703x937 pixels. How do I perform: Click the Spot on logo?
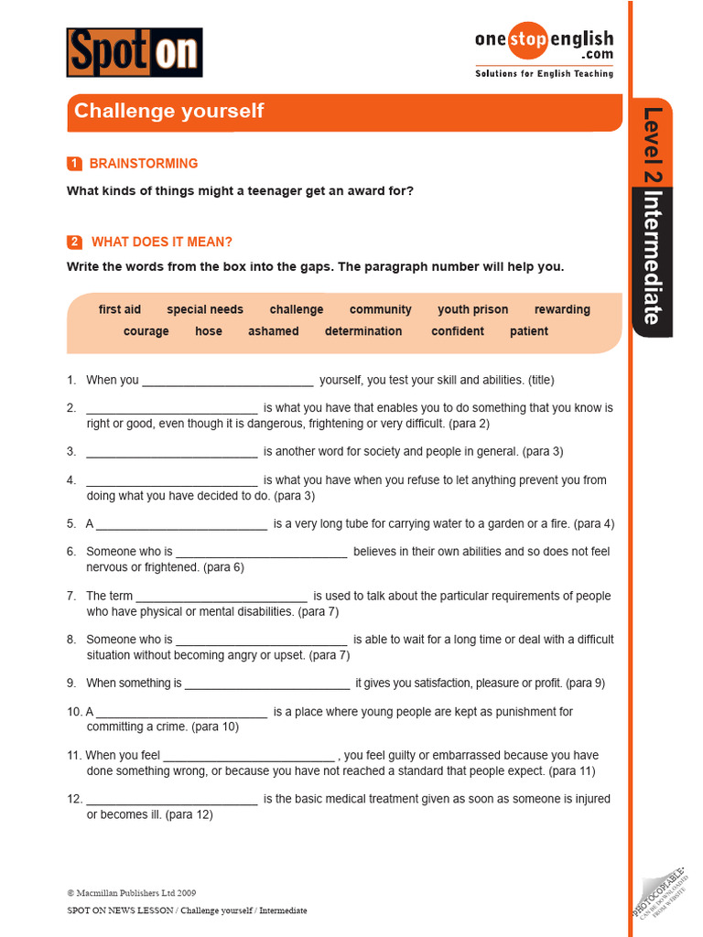135,52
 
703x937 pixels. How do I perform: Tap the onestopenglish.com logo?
544,52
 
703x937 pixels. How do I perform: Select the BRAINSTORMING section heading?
143,164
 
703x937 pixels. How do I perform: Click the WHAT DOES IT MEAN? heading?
161,242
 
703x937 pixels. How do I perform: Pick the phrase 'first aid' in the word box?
120,309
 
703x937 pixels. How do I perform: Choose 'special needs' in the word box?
205,309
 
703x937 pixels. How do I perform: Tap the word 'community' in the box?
380,309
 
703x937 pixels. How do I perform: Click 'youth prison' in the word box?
472,309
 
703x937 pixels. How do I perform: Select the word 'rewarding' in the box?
562,309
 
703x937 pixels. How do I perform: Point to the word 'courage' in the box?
146,331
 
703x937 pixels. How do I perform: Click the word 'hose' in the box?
209,331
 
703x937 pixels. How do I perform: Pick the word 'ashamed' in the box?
273,331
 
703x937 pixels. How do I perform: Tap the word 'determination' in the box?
363,331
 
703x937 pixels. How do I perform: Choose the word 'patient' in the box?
529,331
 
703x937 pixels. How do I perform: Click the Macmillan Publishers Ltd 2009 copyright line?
131,893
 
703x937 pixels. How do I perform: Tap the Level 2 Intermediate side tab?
652,217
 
